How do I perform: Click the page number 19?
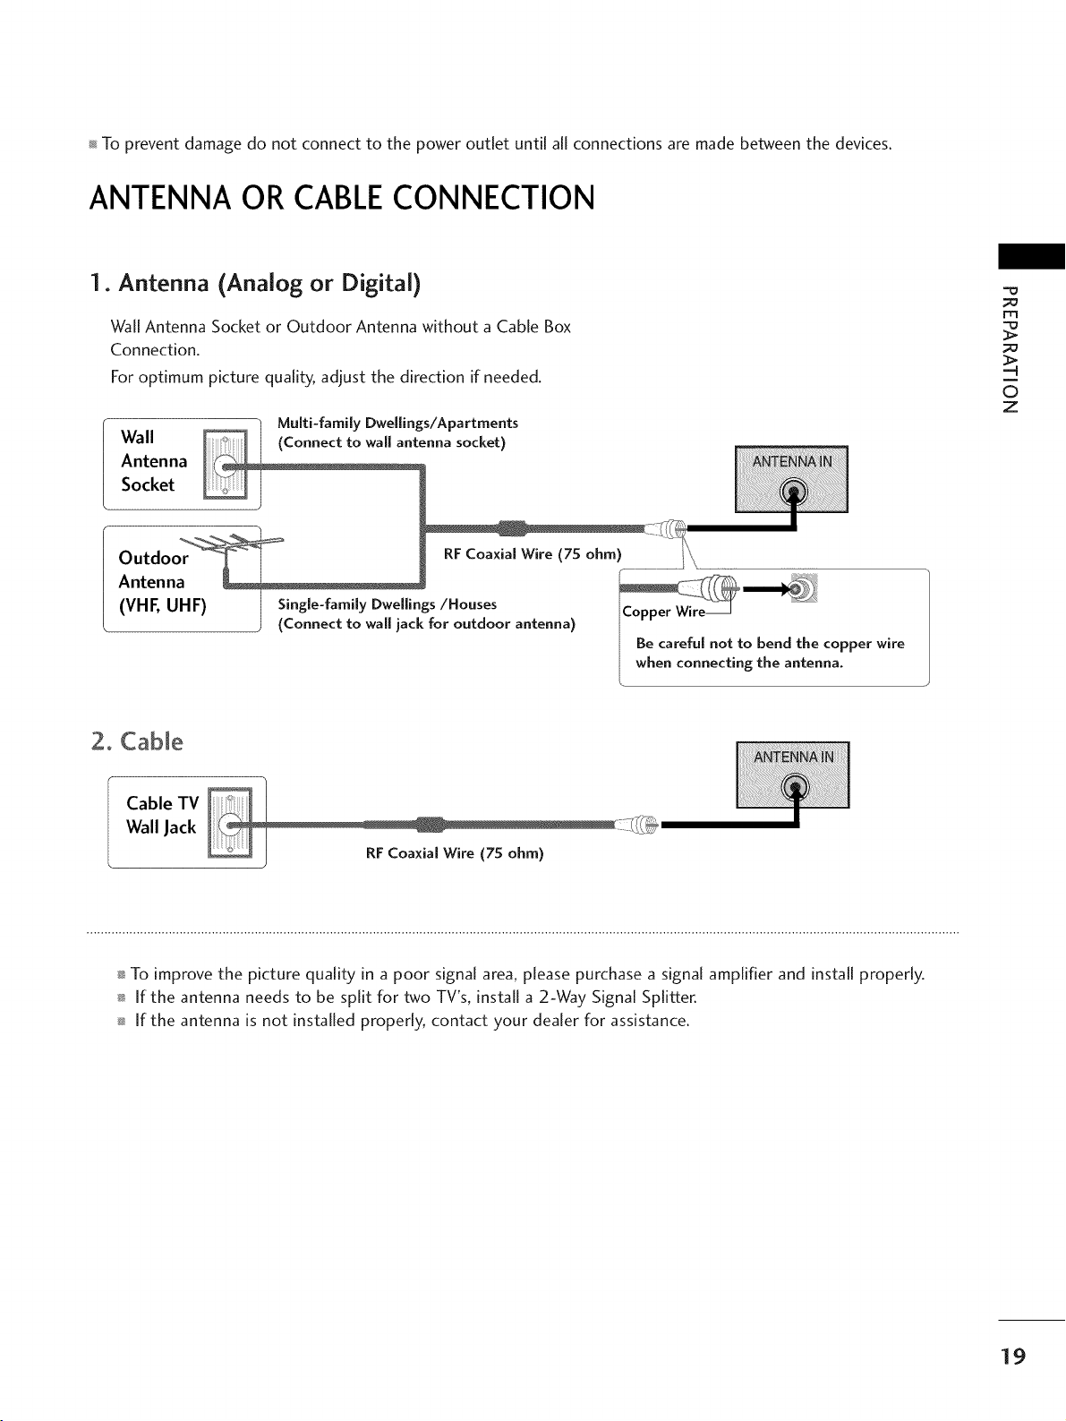[1012, 1355]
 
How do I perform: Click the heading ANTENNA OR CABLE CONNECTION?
[342, 198]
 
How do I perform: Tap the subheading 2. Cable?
[137, 741]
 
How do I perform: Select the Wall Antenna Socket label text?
[154, 461]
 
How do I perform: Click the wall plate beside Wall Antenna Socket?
[225, 465]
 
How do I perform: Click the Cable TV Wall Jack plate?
[230, 823]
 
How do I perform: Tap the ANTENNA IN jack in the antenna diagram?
[794, 492]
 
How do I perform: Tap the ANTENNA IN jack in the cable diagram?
[795, 788]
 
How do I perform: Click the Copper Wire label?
[663, 612]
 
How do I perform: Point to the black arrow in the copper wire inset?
[766, 588]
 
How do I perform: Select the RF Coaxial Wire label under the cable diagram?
[455, 853]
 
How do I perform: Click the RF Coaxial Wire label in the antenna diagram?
[533, 554]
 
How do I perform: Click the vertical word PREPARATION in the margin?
[1010, 348]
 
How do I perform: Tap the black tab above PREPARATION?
[1031, 256]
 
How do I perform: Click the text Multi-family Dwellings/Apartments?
[397, 424]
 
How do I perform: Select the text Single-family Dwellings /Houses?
[388, 604]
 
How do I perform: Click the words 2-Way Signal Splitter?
[618, 997]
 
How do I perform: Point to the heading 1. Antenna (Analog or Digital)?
[255, 284]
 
